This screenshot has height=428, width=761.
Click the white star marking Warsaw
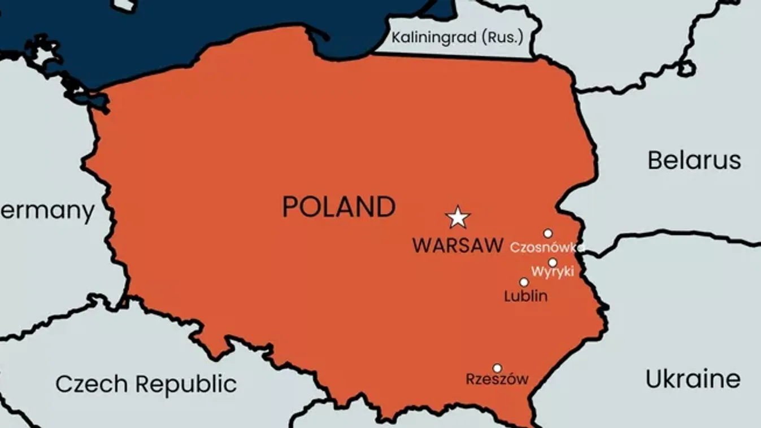pos(458,217)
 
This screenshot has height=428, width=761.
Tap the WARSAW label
pos(458,246)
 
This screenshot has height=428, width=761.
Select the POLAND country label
pos(339,207)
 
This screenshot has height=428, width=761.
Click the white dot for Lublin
pos(524,282)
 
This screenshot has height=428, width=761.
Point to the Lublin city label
pos(525,296)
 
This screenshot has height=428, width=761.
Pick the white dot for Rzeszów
pos(497,368)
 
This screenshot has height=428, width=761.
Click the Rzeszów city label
pos(497,379)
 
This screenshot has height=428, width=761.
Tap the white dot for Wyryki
pos(553,263)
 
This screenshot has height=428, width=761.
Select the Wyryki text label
pos(553,272)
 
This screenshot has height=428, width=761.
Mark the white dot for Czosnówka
pos(547,233)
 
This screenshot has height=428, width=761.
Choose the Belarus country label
pos(694,160)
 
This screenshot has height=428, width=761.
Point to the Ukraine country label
pos(693,379)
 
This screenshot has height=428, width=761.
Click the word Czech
pos(92,385)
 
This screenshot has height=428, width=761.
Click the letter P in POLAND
pos(290,207)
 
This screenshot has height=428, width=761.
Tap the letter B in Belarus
pos(655,160)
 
